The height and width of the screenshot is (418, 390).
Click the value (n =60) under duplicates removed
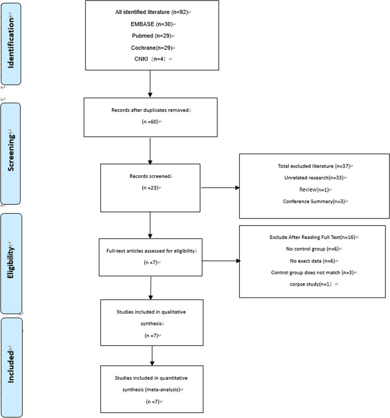pos(150,121)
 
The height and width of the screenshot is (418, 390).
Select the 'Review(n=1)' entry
pos(313,189)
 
